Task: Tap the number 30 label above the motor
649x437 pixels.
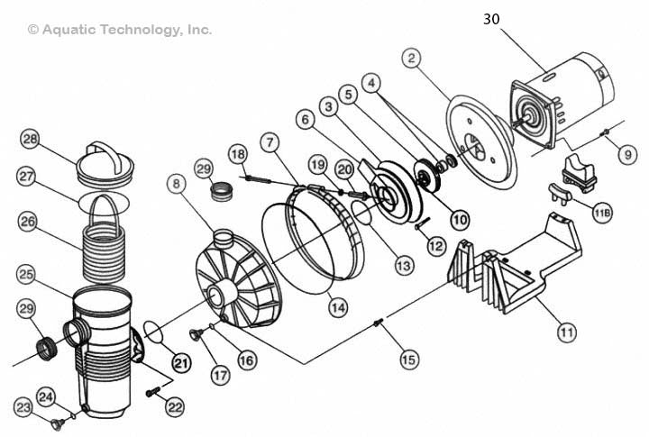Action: point(491,18)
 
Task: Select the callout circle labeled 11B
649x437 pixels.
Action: point(603,213)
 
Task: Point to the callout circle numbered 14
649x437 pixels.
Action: point(337,306)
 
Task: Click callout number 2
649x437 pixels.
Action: point(412,60)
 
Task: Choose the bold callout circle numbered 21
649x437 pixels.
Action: point(182,363)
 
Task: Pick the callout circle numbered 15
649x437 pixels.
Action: point(409,359)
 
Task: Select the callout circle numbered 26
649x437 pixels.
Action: point(28,220)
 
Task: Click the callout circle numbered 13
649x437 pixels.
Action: point(402,266)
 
